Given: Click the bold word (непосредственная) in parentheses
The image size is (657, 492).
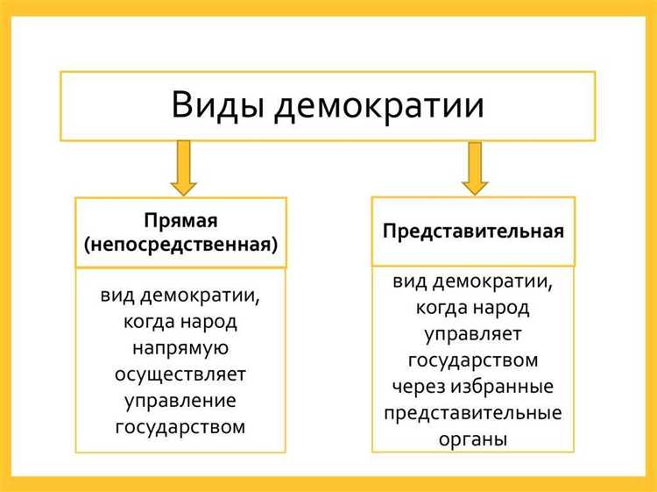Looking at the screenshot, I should [180, 246].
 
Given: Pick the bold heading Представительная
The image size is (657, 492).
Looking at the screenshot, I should [473, 232].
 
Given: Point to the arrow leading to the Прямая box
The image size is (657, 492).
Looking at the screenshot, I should [183, 168].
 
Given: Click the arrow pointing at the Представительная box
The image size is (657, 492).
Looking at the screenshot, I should [475, 168].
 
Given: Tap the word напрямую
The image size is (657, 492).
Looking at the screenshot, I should [180, 348].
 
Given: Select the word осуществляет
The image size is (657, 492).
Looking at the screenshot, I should [180, 375].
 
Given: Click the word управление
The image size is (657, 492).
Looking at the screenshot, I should [180, 402].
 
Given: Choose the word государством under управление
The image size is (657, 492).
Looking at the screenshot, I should [180, 428].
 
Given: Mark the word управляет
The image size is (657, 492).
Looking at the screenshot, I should [473, 334].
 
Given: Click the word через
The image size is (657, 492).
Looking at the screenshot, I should [418, 387].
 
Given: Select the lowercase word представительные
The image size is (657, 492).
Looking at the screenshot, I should [473, 413].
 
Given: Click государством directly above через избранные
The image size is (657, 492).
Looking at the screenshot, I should [473, 360].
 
